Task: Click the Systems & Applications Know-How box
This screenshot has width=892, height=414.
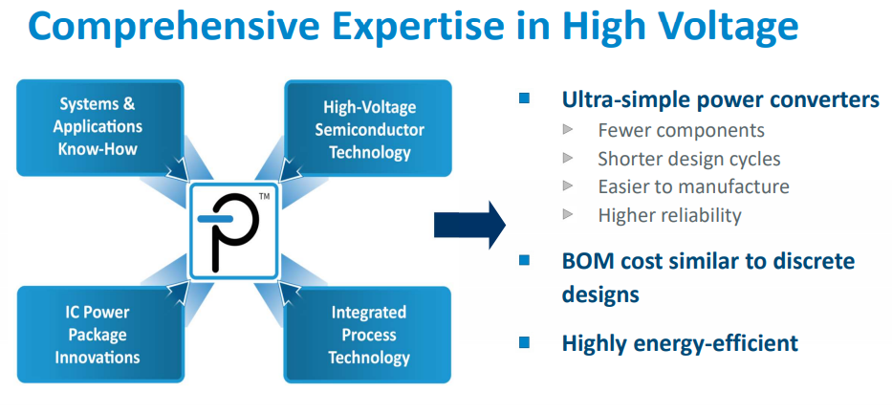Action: point(99,126)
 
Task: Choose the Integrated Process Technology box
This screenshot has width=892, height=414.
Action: point(368,335)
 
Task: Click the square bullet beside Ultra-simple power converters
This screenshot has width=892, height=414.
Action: point(524,98)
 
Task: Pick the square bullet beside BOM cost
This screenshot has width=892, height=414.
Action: point(524,260)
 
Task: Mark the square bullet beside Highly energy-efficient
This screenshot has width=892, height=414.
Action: point(524,341)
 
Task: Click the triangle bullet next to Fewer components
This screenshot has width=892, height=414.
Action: point(568,129)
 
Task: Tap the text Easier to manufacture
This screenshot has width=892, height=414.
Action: point(693,186)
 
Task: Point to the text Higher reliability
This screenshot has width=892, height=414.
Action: point(669,215)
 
